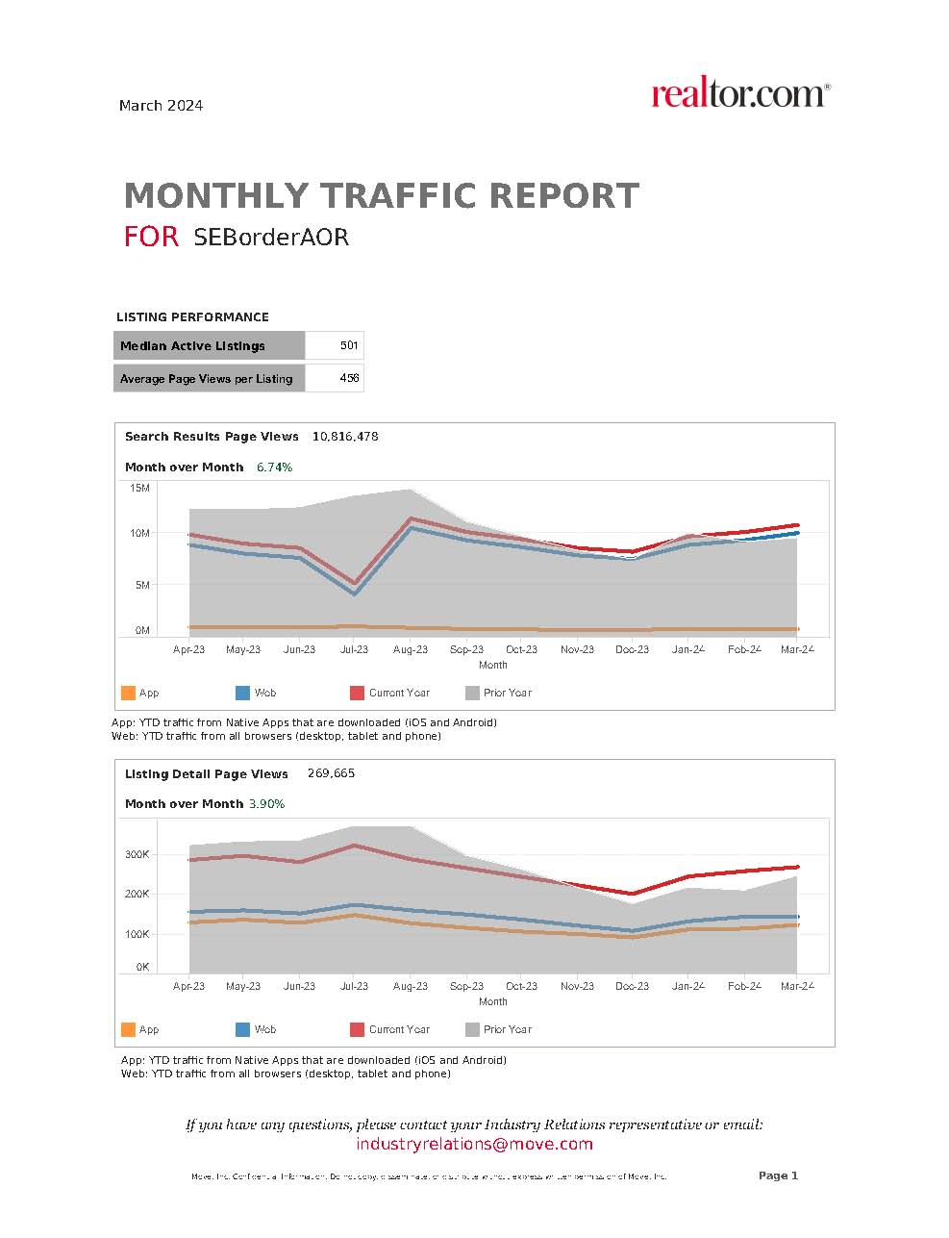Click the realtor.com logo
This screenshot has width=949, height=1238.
point(739,94)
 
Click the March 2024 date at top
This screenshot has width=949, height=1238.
point(161,106)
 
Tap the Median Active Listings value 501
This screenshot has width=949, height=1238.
point(348,345)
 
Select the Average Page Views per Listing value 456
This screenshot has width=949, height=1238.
point(349,378)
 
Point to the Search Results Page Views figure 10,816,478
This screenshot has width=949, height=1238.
point(345,437)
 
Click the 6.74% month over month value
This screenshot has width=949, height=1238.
point(274,467)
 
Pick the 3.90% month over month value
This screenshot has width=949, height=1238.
point(266,804)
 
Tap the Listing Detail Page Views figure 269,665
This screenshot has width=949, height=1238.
point(331,773)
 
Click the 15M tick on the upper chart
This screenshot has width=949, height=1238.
point(139,489)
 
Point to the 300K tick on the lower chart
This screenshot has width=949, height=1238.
point(137,854)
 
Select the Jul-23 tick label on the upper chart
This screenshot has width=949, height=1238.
point(354,649)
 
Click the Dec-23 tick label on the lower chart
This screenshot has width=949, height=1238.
point(632,986)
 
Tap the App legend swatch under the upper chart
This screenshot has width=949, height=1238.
point(128,693)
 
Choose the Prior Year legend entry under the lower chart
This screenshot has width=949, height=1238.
point(507,1029)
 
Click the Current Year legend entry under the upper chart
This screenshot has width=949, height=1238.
point(399,693)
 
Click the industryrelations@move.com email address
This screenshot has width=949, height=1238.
point(474,1144)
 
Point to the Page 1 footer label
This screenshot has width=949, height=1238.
point(778,1175)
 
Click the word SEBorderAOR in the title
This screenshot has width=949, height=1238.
point(270,237)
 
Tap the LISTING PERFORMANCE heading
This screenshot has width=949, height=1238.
point(192,317)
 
